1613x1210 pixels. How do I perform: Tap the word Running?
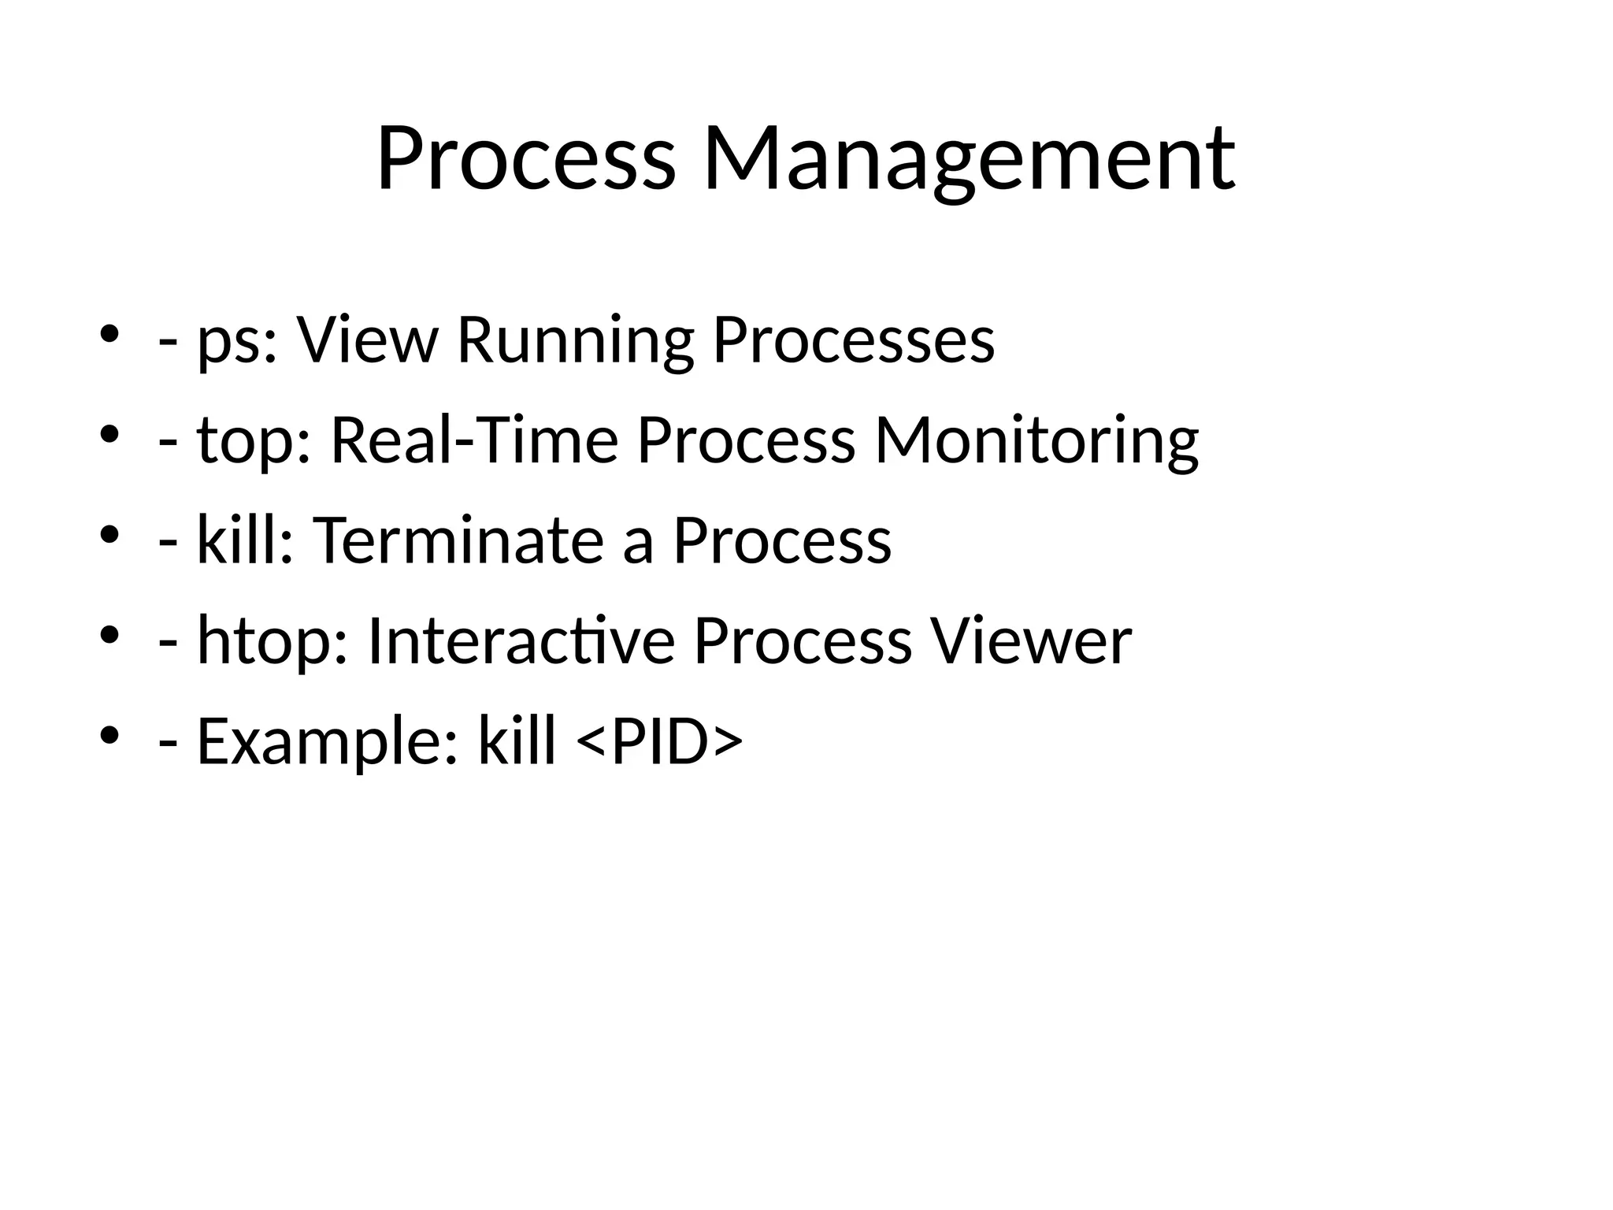tap(575, 341)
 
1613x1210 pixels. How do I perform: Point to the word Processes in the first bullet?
tap(853, 341)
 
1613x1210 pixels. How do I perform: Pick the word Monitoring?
tap(1036, 441)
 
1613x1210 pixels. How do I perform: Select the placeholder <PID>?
tap(660, 742)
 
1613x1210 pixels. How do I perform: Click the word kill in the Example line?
tap(517, 742)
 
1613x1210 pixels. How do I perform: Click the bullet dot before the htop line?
tap(109, 634)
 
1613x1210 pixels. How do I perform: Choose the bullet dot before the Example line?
tap(109, 734)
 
